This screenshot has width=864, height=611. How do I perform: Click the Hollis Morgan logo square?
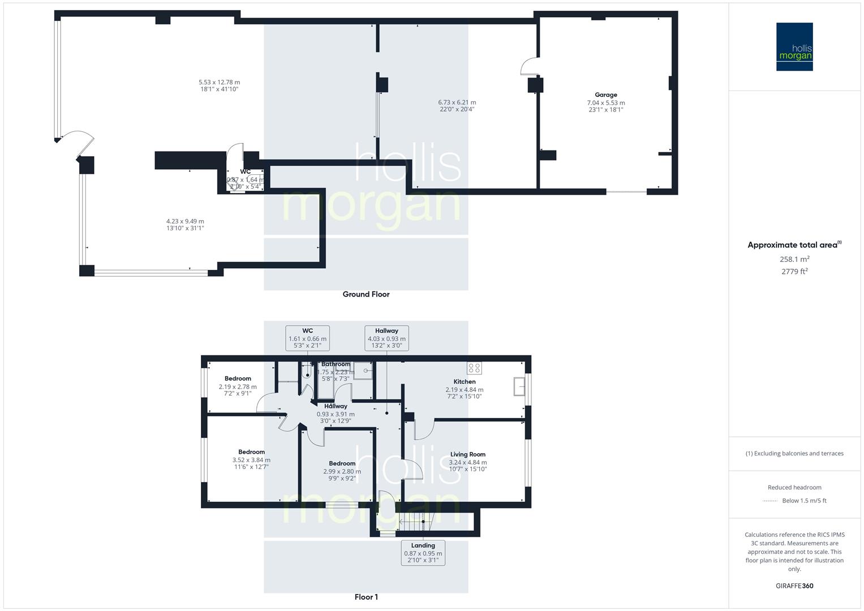(x=794, y=46)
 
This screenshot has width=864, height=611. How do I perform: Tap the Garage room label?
(x=605, y=95)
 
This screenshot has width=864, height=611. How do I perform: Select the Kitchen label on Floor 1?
(x=464, y=382)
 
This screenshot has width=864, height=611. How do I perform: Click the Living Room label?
(x=467, y=454)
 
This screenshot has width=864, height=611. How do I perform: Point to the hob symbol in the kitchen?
(x=474, y=368)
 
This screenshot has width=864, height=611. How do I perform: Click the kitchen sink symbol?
(x=519, y=387)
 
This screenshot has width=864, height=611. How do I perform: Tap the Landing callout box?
(x=423, y=553)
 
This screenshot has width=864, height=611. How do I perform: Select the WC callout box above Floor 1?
(x=307, y=338)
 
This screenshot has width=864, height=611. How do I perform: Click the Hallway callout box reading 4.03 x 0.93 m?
(x=386, y=338)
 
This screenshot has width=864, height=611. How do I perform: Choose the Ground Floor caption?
(x=366, y=294)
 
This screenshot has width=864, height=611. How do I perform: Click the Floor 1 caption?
(x=366, y=597)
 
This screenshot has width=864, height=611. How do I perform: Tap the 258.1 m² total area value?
(x=794, y=259)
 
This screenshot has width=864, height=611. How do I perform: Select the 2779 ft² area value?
(x=794, y=272)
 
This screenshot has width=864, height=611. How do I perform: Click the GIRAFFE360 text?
(x=794, y=586)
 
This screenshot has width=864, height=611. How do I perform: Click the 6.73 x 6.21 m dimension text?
(x=457, y=102)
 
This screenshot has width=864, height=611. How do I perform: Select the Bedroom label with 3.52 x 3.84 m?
(x=251, y=452)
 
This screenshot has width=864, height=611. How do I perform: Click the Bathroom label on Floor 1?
(x=336, y=364)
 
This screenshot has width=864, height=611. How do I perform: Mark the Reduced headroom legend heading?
(x=794, y=487)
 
